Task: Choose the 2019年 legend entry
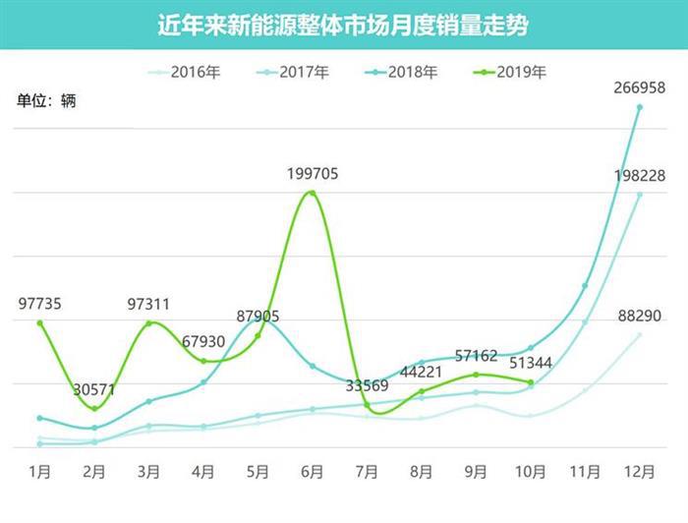[516, 72]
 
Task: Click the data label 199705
[313, 174]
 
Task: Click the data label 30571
[94, 389]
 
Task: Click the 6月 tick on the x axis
[313, 472]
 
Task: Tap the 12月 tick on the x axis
[640, 472]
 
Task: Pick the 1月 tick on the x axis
[40, 472]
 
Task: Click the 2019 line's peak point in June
[313, 193]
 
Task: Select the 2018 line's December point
[640, 106]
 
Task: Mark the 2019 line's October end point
[531, 382]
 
